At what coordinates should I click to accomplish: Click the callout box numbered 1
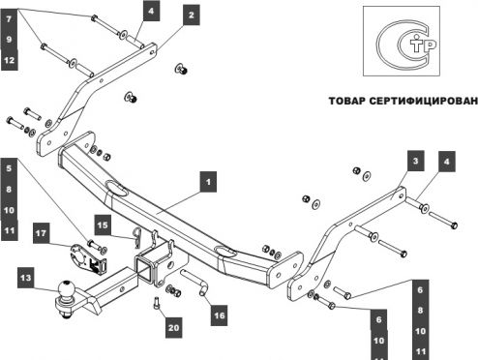(x=208, y=182)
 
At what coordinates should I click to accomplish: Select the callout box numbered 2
(x=192, y=15)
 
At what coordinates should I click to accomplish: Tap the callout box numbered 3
(x=415, y=161)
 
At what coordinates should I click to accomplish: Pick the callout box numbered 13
(x=26, y=278)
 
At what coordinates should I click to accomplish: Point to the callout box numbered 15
(x=103, y=225)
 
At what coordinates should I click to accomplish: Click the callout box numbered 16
(x=220, y=315)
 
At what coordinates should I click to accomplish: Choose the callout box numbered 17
(x=42, y=233)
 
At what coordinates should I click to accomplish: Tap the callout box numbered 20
(x=173, y=328)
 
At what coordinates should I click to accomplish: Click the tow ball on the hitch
(x=67, y=290)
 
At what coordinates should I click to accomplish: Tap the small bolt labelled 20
(x=157, y=304)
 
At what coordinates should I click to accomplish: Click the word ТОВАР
(x=347, y=101)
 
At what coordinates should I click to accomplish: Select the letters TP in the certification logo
(x=423, y=45)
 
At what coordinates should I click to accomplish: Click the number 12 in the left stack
(x=10, y=60)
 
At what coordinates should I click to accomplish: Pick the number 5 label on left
(x=10, y=168)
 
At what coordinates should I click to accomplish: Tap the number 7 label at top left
(x=10, y=19)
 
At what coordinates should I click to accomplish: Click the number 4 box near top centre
(x=151, y=11)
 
